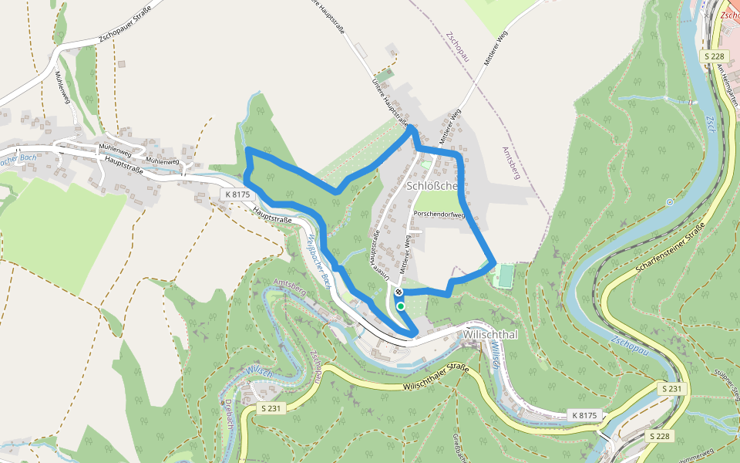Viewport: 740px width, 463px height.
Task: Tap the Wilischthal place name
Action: point(490,336)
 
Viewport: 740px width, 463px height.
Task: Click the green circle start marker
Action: point(401,306)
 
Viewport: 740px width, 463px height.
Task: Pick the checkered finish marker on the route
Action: point(399,292)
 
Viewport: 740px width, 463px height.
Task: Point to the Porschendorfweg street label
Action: point(441,215)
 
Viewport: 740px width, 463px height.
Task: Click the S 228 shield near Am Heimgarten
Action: point(715,56)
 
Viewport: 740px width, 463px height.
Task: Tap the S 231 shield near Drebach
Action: point(269,408)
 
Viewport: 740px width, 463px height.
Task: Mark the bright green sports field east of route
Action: point(506,275)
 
